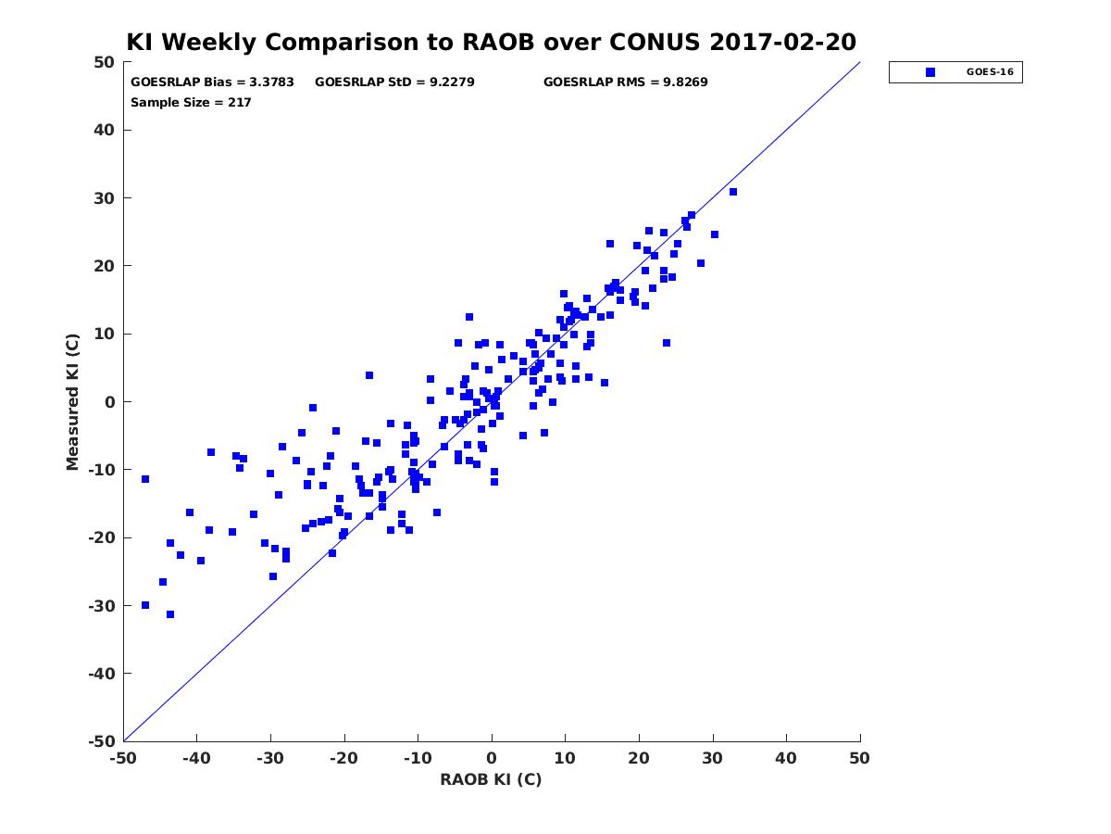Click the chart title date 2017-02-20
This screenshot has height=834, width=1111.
pyautogui.click(x=782, y=42)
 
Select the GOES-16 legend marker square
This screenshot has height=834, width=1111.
pyautogui.click(x=930, y=72)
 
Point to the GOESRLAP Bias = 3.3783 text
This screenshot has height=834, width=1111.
pyautogui.click(x=212, y=82)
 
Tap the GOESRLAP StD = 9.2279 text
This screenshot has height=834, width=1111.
pyautogui.click(x=394, y=82)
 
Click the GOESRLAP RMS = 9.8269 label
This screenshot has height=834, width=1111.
pyautogui.click(x=625, y=82)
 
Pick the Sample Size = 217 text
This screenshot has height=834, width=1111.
pyautogui.click(x=191, y=103)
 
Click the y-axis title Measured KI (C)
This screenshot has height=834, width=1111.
pyautogui.click(x=73, y=401)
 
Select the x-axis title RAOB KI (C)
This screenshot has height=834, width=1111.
pyautogui.click(x=491, y=779)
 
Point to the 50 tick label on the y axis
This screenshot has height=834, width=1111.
pyautogui.click(x=105, y=62)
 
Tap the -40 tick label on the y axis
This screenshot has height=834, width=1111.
pyautogui.click(x=101, y=674)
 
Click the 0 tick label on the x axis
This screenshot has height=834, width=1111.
pyautogui.click(x=492, y=758)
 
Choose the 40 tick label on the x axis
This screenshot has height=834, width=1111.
pyautogui.click(x=786, y=758)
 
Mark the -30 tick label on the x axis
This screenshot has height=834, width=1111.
pyautogui.click(x=270, y=758)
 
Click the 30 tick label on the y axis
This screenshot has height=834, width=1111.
pyautogui.click(x=105, y=198)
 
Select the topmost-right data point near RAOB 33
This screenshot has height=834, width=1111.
pyautogui.click(x=733, y=192)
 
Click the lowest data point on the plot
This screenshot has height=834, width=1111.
pyautogui.click(x=170, y=614)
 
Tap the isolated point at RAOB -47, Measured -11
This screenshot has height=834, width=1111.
pyautogui.click(x=145, y=479)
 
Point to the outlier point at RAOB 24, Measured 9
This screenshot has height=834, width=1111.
pyautogui.click(x=667, y=343)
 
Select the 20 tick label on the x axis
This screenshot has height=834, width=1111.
pyautogui.click(x=639, y=758)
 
